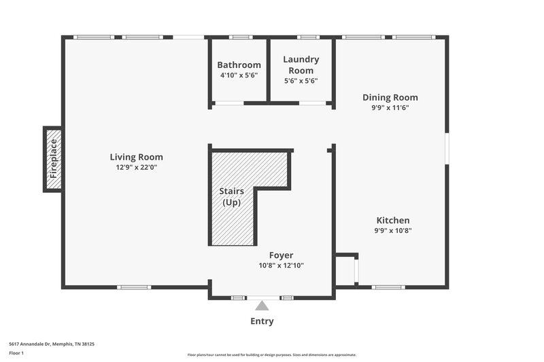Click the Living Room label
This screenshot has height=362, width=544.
136,157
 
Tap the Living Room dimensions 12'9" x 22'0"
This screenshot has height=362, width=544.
136,167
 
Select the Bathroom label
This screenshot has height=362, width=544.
239,65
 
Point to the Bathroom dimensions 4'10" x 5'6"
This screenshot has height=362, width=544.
239,75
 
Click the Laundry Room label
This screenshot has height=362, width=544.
301,65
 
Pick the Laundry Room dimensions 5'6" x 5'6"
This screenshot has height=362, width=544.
301,81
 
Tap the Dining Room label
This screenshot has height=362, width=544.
390,97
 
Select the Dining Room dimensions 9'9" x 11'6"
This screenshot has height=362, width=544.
390,107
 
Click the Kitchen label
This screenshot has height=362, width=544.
393,220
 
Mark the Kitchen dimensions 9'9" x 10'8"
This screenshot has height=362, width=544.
393,230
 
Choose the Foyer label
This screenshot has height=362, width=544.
281,255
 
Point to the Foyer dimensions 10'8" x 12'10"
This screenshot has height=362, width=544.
281,266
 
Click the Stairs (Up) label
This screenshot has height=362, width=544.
231,197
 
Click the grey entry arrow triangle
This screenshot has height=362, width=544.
262,306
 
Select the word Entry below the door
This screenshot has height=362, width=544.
262,321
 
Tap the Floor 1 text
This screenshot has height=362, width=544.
16,354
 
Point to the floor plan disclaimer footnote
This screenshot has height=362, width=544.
271,355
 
